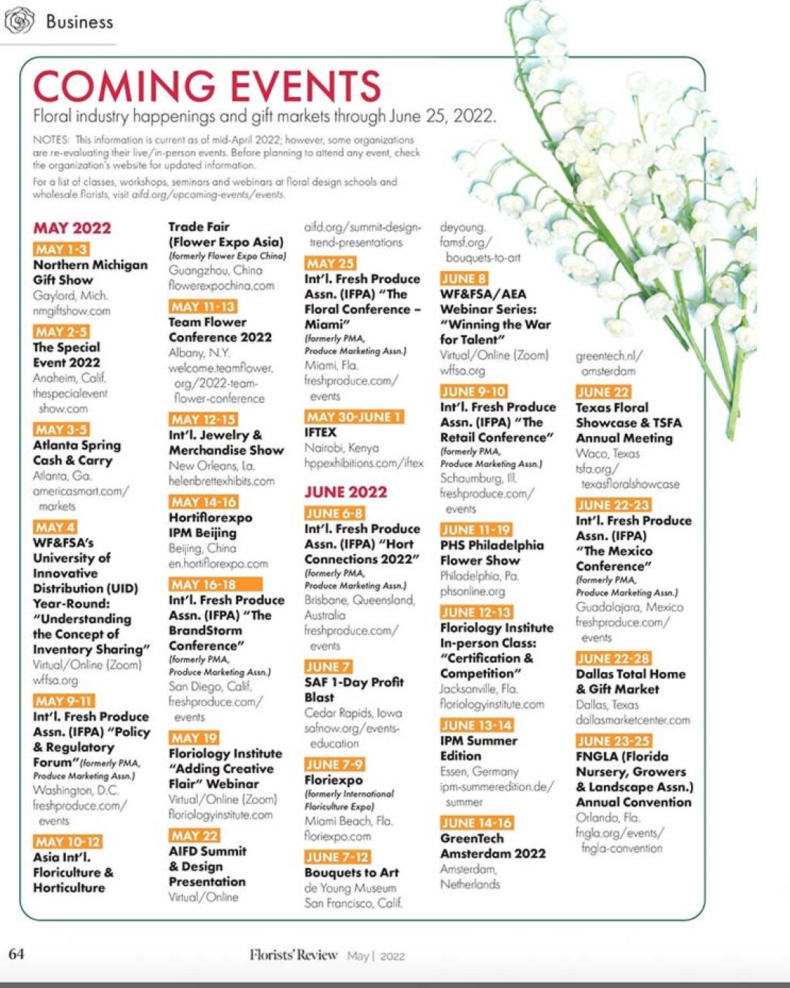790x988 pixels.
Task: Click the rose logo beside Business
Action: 19,21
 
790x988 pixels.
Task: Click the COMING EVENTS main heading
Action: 207,86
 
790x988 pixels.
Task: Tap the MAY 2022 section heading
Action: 72,228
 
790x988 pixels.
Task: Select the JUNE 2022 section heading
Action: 345,492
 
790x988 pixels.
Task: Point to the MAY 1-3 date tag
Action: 61,249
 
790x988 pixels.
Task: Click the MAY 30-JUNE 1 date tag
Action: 354,416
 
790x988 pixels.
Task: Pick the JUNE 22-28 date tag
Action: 613,658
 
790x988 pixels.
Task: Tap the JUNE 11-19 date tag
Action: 476,529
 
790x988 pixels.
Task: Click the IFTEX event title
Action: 320,432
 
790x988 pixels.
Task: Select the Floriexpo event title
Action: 333,780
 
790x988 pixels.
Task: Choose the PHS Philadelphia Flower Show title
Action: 492,553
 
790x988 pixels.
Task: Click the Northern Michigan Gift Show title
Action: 90,272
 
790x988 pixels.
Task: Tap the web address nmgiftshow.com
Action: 72,311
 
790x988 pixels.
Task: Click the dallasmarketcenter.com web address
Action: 632,720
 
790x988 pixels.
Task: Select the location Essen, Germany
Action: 479,771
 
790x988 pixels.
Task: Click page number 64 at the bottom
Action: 16,954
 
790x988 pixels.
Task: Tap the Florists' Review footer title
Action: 293,954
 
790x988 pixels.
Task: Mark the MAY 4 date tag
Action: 55,527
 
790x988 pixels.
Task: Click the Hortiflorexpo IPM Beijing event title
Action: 210,525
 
